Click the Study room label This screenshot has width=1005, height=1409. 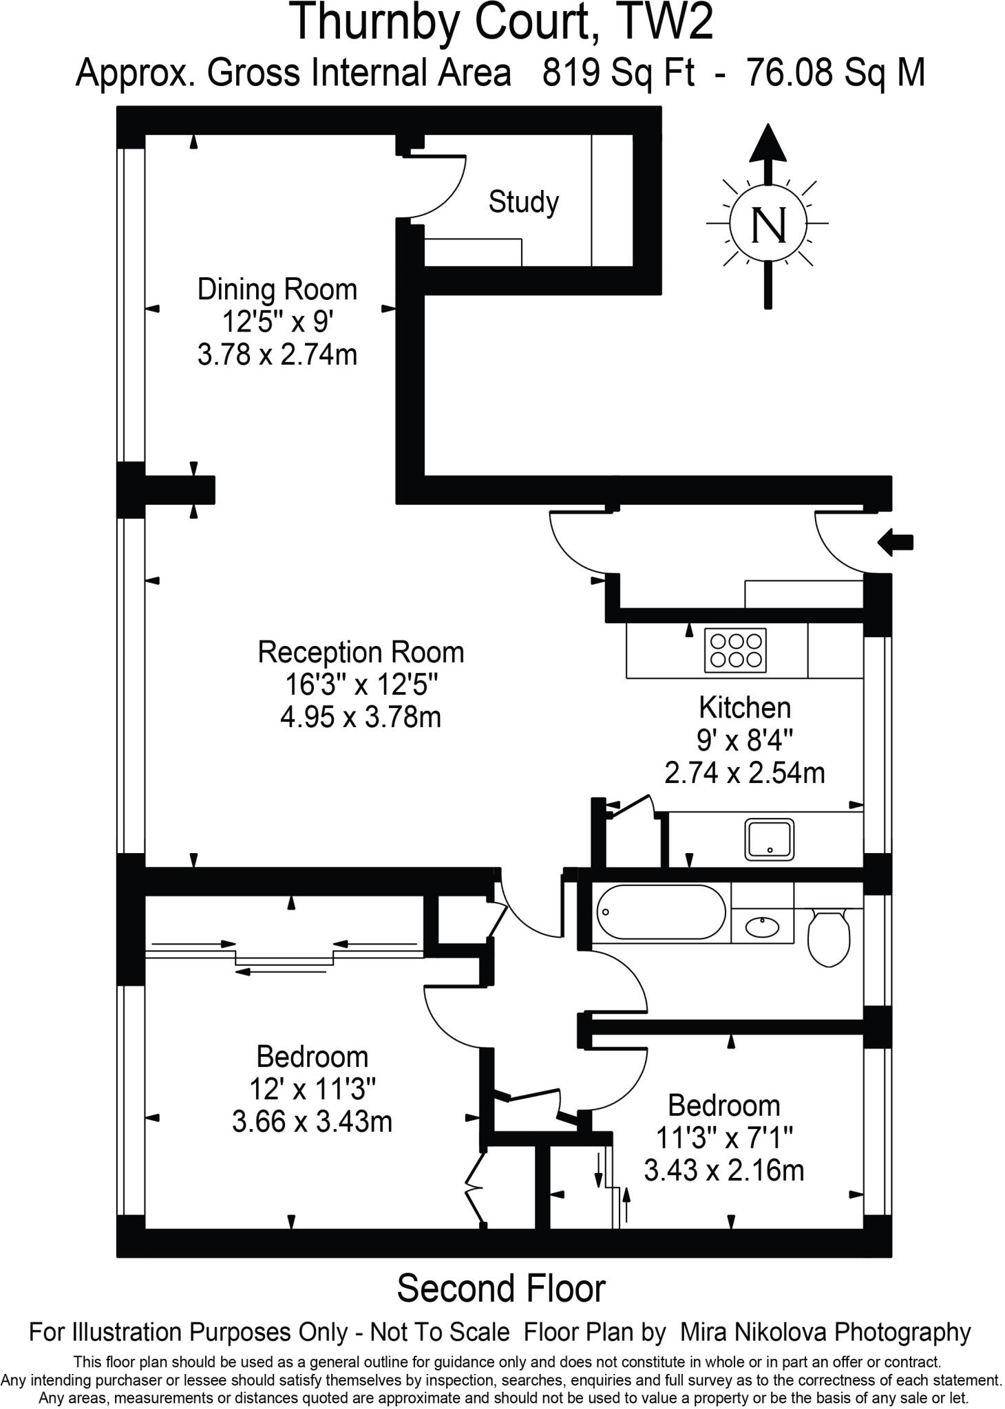click(523, 202)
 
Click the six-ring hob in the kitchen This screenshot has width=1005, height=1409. click(736, 650)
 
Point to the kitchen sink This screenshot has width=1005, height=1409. click(769, 839)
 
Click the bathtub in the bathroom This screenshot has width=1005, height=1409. click(660, 912)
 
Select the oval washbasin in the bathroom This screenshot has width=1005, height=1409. click(762, 927)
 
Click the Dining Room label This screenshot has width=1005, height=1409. click(277, 290)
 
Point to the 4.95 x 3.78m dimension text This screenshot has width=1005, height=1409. click(360, 718)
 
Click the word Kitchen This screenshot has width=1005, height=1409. click(744, 707)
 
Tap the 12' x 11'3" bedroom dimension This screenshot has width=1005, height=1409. click(312, 1089)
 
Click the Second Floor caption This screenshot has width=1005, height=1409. click(500, 1289)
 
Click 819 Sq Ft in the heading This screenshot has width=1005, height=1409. click(618, 72)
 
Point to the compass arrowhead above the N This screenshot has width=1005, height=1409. click(768, 143)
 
